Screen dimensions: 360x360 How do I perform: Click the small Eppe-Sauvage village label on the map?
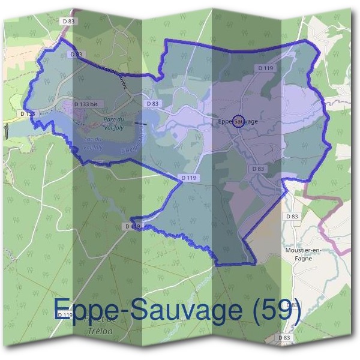[x=238, y=121]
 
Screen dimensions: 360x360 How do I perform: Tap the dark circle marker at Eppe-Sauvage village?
[x=238, y=121]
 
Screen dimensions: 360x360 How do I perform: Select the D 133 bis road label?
[x=85, y=104]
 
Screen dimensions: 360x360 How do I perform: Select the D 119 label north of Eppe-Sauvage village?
[x=266, y=68]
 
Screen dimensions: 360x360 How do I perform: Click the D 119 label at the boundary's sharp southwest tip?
[x=133, y=226]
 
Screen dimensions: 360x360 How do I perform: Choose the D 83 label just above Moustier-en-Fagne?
[x=292, y=216]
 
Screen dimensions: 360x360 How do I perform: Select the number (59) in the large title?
[x=275, y=308]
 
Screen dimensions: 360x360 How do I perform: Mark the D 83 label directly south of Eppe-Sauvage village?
[x=259, y=169]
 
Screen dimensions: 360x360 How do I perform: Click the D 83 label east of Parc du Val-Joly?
[x=152, y=103]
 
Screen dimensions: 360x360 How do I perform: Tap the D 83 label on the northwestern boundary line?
[x=76, y=55]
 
